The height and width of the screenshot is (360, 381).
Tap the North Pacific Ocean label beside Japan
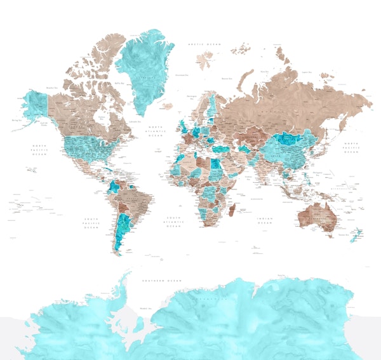351,148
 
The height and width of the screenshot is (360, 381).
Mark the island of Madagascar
233,209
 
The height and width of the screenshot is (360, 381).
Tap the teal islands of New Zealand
356,234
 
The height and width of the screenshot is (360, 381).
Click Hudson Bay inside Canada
100,117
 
